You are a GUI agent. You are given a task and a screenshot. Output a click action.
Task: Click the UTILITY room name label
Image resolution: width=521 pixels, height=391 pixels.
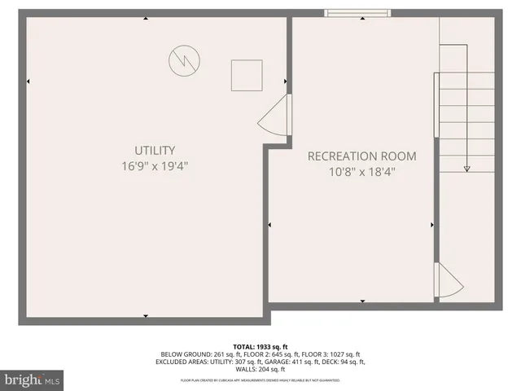tap(155, 150)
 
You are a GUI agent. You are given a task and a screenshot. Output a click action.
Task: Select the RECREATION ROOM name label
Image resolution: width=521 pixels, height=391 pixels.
tap(361, 156)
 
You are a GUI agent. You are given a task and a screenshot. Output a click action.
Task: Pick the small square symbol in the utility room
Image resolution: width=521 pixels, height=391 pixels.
tap(245, 75)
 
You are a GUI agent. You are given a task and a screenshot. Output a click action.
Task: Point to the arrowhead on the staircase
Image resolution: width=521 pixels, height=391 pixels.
tap(467, 169)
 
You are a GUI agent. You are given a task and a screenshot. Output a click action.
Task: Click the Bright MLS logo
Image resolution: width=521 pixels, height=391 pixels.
tap(32, 379)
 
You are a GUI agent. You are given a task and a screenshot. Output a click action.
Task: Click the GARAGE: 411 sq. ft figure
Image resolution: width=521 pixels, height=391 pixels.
tap(307, 362)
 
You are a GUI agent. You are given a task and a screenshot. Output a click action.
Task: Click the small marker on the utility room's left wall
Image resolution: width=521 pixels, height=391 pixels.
tap(28, 81)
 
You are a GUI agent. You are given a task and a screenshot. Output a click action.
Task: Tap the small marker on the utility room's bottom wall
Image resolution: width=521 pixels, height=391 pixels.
tap(146, 315)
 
